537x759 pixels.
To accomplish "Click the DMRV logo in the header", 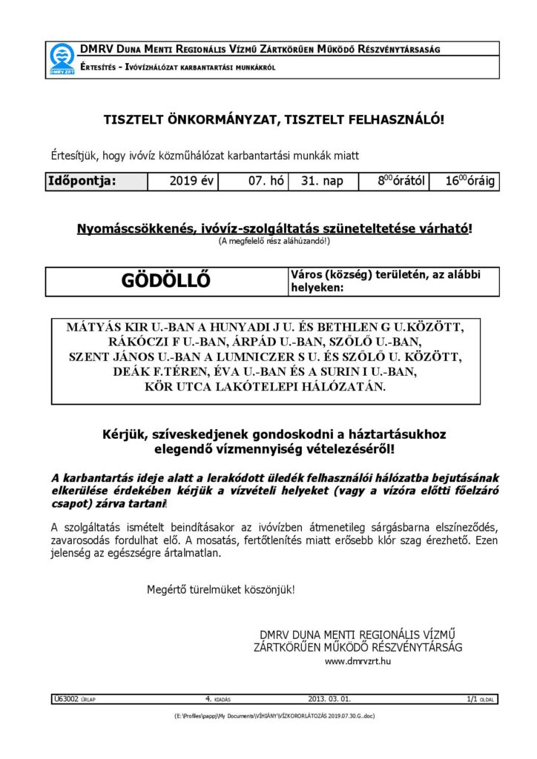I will tap(62, 59).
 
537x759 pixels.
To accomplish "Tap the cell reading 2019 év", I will tap(191, 181).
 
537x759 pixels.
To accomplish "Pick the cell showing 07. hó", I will tap(263, 181).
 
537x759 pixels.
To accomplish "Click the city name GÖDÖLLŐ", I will tap(165, 281).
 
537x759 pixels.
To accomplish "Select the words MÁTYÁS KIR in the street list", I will tap(101, 327).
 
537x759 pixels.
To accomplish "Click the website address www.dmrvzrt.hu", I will tap(358, 660).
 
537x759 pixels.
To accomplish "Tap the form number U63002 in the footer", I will tap(64, 698).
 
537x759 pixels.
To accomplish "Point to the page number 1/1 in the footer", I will tap(472, 698).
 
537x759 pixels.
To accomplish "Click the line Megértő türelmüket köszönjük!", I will tap(221, 590).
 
